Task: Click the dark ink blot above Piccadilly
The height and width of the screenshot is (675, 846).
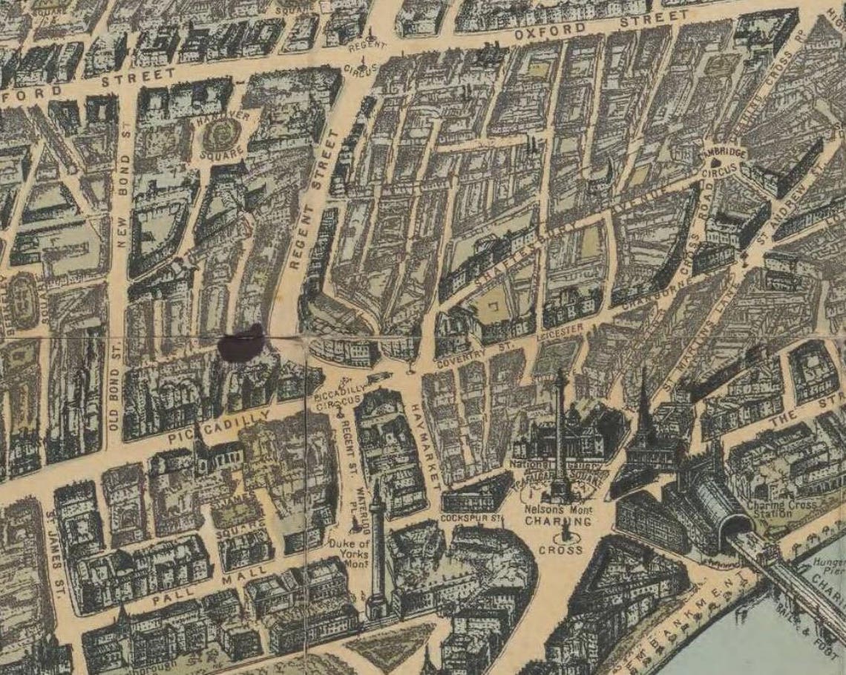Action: point(242,343)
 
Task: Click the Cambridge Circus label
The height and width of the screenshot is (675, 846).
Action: point(720,158)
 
